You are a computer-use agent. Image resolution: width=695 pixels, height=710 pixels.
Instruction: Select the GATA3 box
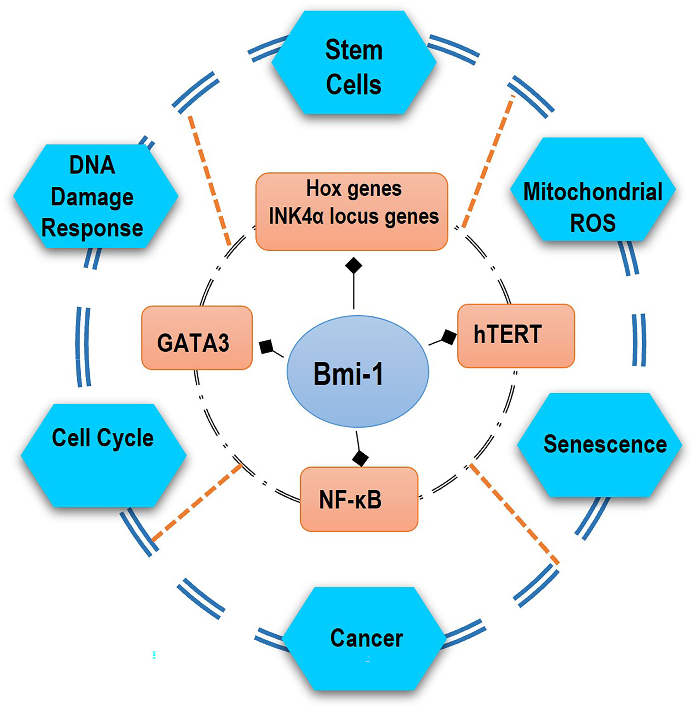(197, 338)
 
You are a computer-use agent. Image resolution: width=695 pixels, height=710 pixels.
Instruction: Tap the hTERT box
(516, 336)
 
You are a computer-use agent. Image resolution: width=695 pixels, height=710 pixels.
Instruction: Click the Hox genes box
(352, 212)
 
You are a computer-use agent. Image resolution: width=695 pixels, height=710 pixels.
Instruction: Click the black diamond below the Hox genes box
(353, 265)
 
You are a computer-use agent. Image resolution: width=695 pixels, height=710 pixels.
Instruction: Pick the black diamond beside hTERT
(448, 337)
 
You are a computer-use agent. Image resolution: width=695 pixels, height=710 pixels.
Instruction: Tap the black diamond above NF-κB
(360, 458)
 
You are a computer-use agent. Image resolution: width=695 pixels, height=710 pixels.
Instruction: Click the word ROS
(593, 223)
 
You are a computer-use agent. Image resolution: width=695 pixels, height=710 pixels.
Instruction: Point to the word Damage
(92, 197)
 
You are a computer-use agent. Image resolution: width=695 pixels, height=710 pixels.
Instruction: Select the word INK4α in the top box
(296, 216)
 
